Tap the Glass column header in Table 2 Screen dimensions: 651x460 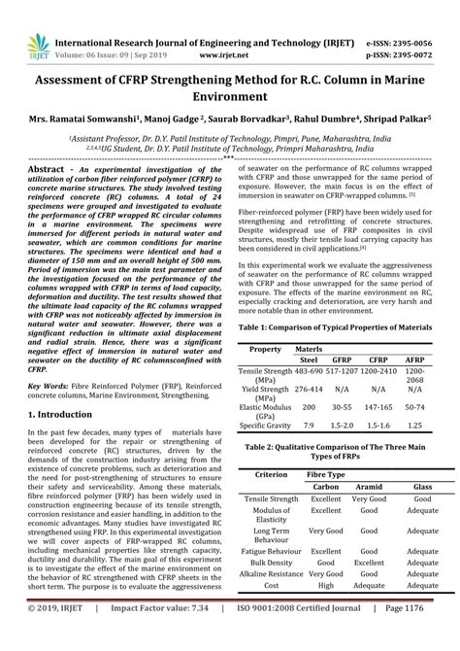pyautogui.click(x=424, y=486)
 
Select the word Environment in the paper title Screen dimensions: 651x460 pyautogui.click(x=229, y=97)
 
